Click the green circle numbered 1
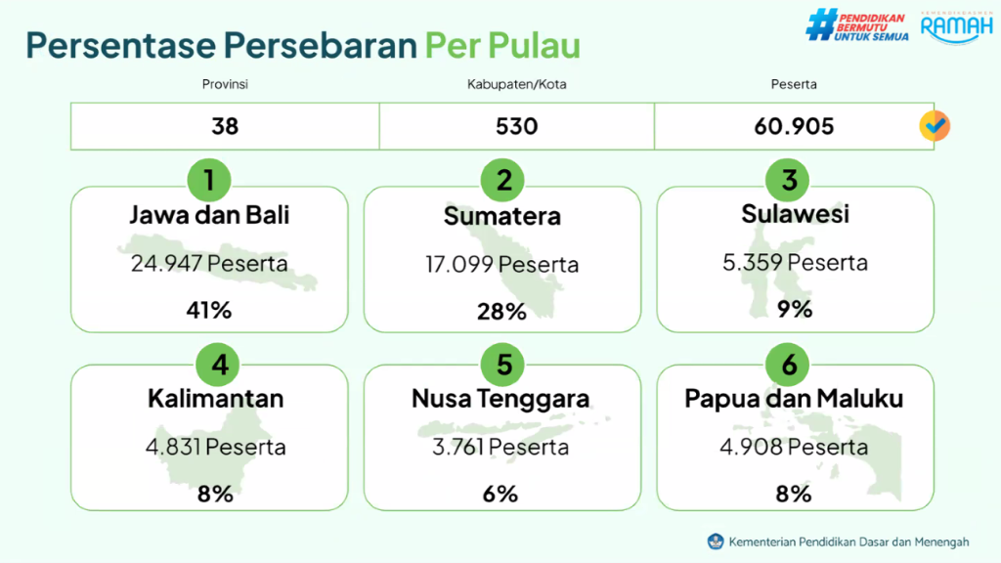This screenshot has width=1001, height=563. coord(209,180)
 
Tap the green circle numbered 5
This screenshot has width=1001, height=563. coord(502,365)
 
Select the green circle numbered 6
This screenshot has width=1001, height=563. coord(788,365)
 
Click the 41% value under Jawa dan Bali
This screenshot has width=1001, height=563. coord(209,310)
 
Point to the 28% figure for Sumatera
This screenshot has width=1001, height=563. coord(501,312)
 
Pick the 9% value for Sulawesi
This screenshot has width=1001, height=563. coord(795,310)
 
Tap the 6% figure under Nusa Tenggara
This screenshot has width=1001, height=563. coord(500,494)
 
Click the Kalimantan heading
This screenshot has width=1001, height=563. coord(216,399)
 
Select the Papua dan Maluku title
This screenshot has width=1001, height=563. coord(794,399)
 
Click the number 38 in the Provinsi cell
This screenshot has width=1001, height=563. coord(225,126)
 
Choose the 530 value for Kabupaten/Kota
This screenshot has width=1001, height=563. coord(516,126)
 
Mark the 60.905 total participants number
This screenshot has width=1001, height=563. coord(794,126)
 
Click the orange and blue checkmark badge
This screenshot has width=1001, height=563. coord(935,126)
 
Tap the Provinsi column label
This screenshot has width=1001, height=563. coord(225,84)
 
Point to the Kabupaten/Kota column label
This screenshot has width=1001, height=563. coord(516,84)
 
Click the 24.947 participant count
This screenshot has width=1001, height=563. coord(166,263)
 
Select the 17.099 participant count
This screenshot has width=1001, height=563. coord(458,264)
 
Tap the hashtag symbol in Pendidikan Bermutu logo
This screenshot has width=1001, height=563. coord(821,25)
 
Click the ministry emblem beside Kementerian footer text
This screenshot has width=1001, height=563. coord(716,541)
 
